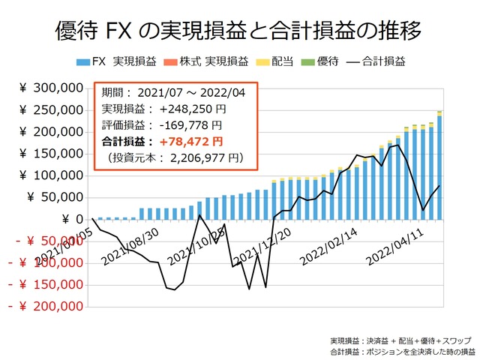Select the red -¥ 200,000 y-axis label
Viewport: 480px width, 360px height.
(45, 307)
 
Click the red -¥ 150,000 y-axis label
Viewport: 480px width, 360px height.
(45, 285)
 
